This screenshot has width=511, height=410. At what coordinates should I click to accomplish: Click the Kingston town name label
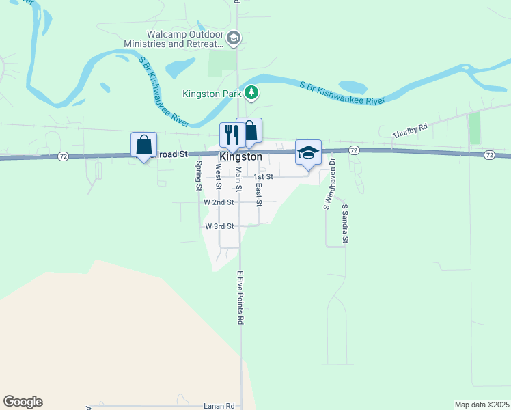click(x=240, y=156)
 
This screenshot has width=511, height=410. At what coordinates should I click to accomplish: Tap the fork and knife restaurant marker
click(x=230, y=135)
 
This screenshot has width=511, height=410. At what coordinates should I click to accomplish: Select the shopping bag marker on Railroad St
click(x=143, y=145)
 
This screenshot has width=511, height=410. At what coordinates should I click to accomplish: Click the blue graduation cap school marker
click(x=308, y=152)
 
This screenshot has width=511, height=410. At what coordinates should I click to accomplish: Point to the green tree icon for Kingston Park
click(x=252, y=92)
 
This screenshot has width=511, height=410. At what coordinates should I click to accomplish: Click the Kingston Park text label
click(x=213, y=94)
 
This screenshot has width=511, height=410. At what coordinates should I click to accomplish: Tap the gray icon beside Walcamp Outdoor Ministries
click(x=234, y=38)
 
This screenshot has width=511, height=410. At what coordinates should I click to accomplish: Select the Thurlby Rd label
click(x=409, y=131)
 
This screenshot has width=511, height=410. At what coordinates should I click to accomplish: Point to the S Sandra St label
click(x=345, y=223)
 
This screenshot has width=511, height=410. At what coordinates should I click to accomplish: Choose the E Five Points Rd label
click(x=240, y=297)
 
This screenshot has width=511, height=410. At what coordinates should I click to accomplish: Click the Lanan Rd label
click(x=219, y=405)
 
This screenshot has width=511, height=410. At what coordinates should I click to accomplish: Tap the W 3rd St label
click(x=219, y=225)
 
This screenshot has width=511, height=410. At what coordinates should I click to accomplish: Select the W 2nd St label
click(x=219, y=202)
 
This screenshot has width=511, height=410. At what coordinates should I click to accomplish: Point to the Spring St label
click(x=198, y=175)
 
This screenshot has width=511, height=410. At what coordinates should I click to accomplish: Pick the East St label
click(x=259, y=193)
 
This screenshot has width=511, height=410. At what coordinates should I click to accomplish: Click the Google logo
click(x=23, y=402)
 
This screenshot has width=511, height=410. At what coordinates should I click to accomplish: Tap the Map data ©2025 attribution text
click(x=482, y=405)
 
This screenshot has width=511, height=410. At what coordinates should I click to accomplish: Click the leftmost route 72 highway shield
click(x=62, y=156)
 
